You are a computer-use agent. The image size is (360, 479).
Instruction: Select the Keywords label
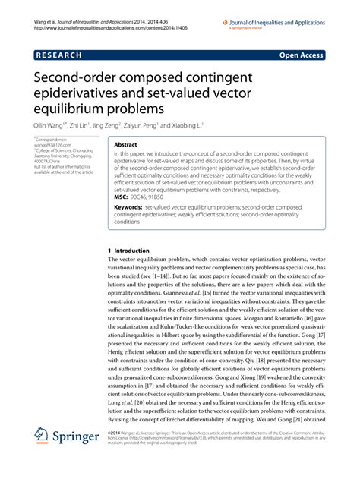point(131,206)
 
